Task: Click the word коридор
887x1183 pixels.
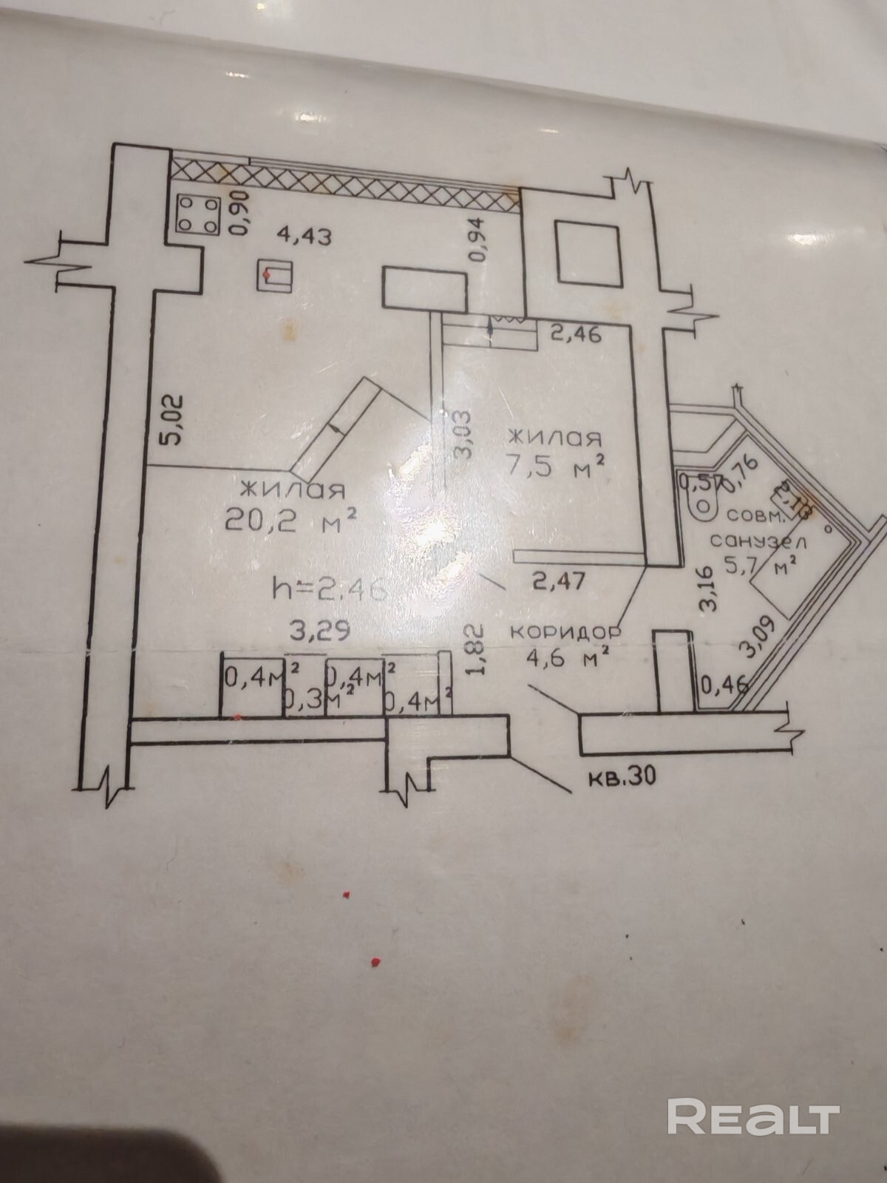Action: pyautogui.click(x=565, y=634)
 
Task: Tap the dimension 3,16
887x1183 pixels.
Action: pyautogui.click(x=708, y=588)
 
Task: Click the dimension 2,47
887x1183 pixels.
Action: pyautogui.click(x=560, y=581)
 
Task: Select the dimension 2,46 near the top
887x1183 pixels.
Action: pyautogui.click(x=577, y=333)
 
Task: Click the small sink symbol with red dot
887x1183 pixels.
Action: pyautogui.click(x=275, y=277)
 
